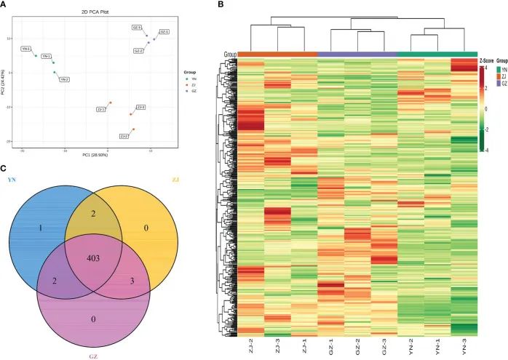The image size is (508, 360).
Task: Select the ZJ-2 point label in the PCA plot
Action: [x=124, y=136]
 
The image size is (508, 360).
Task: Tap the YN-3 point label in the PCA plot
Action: [x=26, y=49]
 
